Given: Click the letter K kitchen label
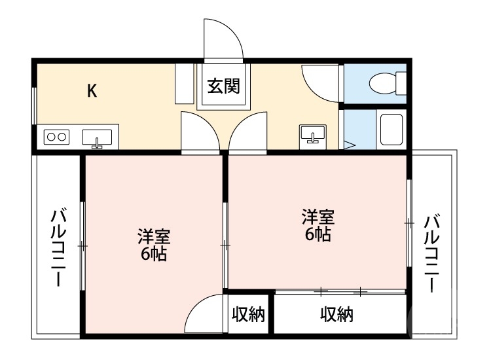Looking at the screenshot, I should [x=92, y=90].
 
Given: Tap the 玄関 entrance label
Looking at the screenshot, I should [x=223, y=86].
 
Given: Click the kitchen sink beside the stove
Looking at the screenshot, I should [x=97, y=138].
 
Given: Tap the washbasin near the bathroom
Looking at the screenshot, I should [x=312, y=134].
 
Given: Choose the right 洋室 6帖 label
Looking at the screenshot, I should [x=318, y=225].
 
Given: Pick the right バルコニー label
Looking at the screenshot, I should [x=431, y=252].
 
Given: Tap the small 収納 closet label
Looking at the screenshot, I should [x=248, y=315].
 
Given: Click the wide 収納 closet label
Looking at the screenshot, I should [x=336, y=315].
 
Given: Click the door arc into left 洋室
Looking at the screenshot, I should [x=200, y=132].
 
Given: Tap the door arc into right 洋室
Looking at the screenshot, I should [x=249, y=132].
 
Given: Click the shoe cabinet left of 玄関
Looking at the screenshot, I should [x=184, y=83].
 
